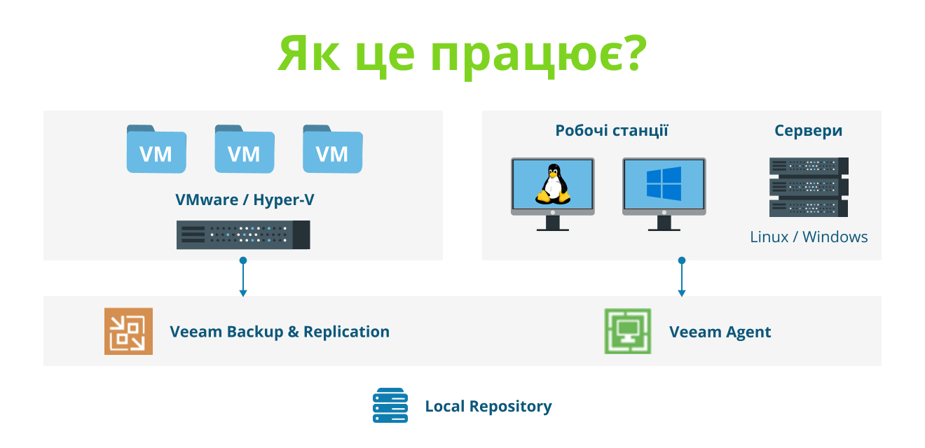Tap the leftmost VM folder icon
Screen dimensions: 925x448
pos(156,149)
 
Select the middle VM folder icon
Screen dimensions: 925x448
pos(245,149)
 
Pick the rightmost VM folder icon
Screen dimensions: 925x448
pos(332,149)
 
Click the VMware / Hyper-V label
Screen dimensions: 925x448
pos(245,199)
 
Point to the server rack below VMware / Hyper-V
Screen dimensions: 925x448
pos(243,234)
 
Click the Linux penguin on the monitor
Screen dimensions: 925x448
pos(552,184)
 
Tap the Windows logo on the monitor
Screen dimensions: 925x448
pos(664,183)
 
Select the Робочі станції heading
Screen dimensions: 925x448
pos(611,130)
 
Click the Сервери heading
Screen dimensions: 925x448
pos(808,130)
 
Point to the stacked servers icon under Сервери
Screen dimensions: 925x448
pos(809,187)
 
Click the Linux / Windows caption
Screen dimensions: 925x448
pos(809,237)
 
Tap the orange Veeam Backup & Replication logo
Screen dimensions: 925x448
pos(128,331)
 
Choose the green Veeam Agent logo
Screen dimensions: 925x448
pos(628,331)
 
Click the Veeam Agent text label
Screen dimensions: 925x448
pos(720,332)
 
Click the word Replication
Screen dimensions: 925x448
pos(346,332)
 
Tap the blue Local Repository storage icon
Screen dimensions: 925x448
pos(390,405)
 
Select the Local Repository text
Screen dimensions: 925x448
pos(488,406)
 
